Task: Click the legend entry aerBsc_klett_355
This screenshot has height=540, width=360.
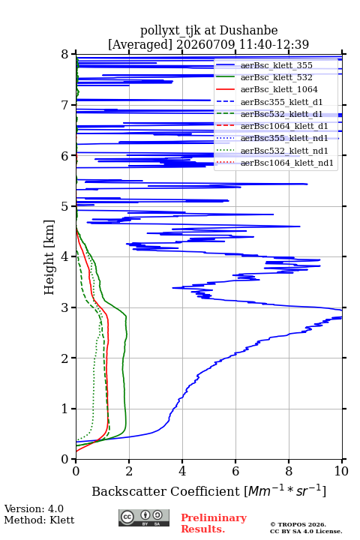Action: point(276,65)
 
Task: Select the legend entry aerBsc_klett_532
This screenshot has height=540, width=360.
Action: point(276,77)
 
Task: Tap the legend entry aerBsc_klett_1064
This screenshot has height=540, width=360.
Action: point(279,89)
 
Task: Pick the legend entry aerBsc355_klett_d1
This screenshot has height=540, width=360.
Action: point(281,102)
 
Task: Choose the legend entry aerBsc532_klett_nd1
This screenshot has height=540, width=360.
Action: point(284,151)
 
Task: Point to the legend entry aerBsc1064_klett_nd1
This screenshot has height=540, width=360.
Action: point(287,163)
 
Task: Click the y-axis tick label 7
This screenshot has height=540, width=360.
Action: point(65,105)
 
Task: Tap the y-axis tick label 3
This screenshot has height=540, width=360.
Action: point(65,307)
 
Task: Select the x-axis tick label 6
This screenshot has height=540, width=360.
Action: point(235,471)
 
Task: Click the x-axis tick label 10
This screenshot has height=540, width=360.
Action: point(341,471)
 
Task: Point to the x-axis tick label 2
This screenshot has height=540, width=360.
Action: point(129,471)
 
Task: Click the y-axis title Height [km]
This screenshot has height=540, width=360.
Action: point(49,257)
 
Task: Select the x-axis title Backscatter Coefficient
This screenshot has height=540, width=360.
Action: point(166,491)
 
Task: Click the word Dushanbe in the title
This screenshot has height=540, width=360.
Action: point(248,30)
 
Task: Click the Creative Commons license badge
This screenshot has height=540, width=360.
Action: point(144,517)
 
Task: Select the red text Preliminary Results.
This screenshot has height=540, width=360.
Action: point(214,523)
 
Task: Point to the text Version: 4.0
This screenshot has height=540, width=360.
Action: point(34,508)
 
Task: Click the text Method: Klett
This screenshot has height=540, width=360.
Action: point(39,520)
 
